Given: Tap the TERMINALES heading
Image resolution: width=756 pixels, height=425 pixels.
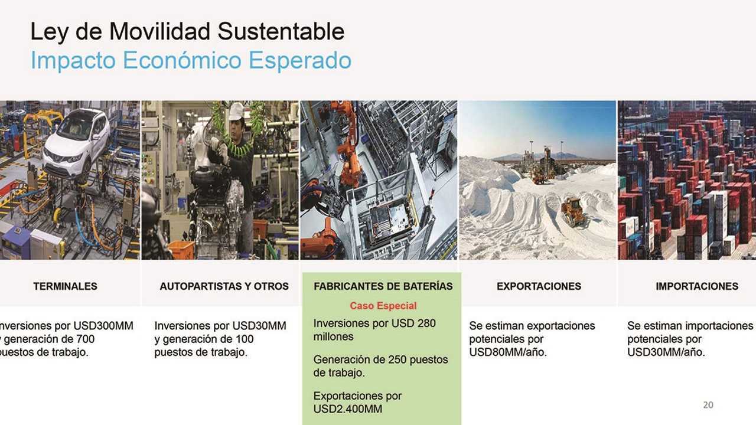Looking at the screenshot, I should point(65,286).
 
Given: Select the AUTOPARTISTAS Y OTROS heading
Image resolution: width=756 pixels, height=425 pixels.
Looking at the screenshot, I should point(224,286).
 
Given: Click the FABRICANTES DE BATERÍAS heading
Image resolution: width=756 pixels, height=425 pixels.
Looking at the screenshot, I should point(383,286).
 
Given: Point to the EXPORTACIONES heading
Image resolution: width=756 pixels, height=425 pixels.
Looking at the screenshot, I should point(539,286).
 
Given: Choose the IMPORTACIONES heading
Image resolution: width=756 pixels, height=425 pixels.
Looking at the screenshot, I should point(696,286).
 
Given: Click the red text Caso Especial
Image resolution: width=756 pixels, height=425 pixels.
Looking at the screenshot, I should point(383,306).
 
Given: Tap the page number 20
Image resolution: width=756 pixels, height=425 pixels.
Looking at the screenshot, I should point(708,405).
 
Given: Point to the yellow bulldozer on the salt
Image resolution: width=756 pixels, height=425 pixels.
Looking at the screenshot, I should point(573,211).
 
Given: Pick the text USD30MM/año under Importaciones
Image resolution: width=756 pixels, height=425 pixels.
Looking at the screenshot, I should point(666,353).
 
